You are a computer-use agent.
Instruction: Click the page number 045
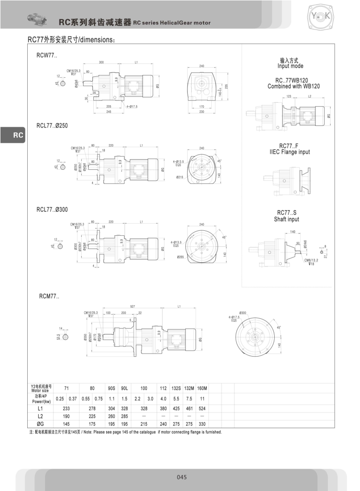(181, 477)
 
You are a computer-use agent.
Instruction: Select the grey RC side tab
(13, 135)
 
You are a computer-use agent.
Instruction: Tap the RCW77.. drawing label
(46, 56)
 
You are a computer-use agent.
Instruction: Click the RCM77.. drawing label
(49, 295)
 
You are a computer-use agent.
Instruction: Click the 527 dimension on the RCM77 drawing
(133, 307)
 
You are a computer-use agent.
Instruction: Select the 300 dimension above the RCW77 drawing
(101, 62)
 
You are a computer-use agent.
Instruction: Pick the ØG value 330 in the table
(202, 424)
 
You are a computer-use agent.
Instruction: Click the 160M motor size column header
(202, 388)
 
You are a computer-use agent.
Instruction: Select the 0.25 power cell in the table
(59, 398)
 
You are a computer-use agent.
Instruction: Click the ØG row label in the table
(40, 424)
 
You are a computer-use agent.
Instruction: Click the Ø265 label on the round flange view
(180, 257)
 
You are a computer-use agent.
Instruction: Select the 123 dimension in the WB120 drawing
(289, 96)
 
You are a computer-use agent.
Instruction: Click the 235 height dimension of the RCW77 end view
(227, 86)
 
